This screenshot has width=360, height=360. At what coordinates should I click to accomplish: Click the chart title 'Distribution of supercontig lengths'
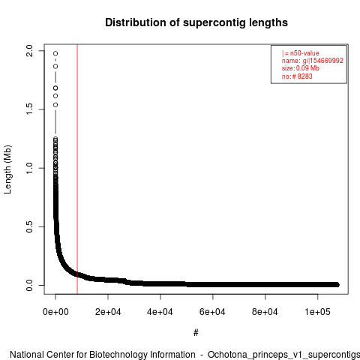(x=196, y=22)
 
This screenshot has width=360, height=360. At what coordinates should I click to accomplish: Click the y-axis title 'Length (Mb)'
(x=7, y=169)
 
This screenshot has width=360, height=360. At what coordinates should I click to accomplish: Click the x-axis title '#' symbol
(x=196, y=333)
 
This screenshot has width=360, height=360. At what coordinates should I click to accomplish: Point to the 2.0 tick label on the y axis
(x=29, y=51)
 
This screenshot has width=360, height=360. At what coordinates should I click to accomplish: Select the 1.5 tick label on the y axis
(x=29, y=109)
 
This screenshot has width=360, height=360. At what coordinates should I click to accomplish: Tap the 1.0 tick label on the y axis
(x=29, y=168)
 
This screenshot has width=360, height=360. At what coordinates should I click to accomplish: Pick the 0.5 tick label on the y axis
(x=29, y=226)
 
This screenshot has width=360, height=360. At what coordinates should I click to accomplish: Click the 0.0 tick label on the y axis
(x=29, y=285)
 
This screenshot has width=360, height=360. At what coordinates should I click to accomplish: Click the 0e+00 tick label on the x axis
(x=55, y=312)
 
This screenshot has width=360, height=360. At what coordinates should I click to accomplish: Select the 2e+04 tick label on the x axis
(x=108, y=312)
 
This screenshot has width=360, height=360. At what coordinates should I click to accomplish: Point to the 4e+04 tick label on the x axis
(x=160, y=312)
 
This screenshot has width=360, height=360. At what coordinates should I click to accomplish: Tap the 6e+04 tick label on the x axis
(x=213, y=312)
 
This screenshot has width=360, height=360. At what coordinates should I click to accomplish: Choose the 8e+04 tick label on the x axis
(x=265, y=312)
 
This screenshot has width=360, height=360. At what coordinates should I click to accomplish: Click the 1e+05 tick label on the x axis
(x=317, y=312)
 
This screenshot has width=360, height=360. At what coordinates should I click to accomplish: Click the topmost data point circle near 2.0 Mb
(x=55, y=53)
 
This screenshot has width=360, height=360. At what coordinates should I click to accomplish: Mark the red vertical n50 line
(x=77, y=169)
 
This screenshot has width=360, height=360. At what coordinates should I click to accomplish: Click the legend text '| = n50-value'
(x=301, y=53)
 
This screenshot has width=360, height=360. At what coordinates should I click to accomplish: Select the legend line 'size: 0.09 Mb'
(x=301, y=68)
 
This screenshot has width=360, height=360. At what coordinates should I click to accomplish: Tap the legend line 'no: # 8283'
(x=297, y=76)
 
